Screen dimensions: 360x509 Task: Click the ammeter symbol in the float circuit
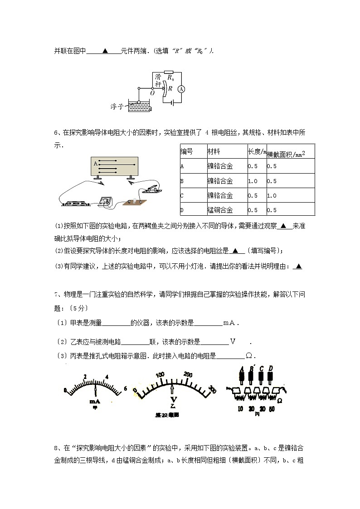(180, 89)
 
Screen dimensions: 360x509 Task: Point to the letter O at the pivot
(152, 93)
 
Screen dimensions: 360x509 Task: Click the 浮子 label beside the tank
(117, 107)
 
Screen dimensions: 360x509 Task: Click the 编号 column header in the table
(187, 151)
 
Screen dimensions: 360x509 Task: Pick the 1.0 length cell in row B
(253, 181)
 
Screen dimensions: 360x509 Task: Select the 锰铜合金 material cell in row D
(220, 210)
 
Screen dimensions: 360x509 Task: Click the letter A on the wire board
(95, 163)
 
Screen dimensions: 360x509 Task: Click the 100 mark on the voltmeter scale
(160, 375)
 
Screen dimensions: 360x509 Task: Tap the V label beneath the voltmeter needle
(173, 399)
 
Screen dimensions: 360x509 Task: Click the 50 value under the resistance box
(271, 409)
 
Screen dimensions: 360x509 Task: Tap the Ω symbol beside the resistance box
(280, 401)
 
